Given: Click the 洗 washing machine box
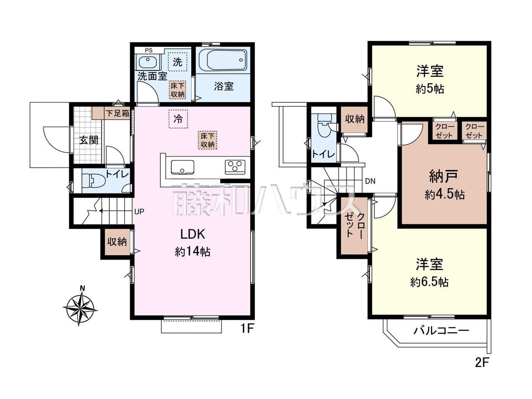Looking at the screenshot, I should click(x=177, y=63).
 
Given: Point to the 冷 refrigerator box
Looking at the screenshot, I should click(x=178, y=119).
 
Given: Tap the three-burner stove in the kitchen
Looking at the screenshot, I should click(x=235, y=167).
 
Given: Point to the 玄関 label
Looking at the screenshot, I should click(x=89, y=140).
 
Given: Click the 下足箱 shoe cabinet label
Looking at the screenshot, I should click(x=117, y=113).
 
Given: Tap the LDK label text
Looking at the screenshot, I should click(x=192, y=234).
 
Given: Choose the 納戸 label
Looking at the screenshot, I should click(x=443, y=177).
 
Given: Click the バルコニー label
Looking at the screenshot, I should click(x=441, y=331).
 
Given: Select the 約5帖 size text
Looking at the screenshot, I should click(x=430, y=89).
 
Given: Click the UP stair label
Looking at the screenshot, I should click(x=139, y=212).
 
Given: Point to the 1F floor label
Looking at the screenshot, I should click(x=247, y=329).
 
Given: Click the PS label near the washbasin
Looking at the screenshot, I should click(x=148, y=50).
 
